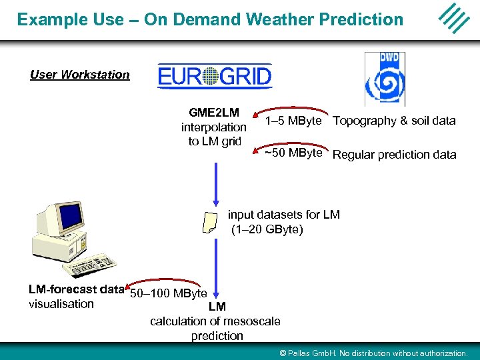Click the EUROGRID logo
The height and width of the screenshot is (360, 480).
point(215,76)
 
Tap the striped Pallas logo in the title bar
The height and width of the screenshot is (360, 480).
point(455,18)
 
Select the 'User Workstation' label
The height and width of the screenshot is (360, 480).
point(80,75)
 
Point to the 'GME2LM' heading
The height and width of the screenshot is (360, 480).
point(214,112)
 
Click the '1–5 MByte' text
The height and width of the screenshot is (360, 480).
point(293,121)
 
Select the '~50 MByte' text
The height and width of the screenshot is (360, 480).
point(293,153)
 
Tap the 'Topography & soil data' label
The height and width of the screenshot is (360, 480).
point(394,121)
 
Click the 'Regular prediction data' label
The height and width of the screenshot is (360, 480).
point(394,155)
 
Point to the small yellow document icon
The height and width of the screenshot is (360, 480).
point(209,223)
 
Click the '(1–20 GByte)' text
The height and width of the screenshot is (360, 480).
point(267,229)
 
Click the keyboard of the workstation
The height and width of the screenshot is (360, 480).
point(94,262)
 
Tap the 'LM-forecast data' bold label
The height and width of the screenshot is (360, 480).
point(76,289)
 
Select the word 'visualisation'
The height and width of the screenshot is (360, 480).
point(61,304)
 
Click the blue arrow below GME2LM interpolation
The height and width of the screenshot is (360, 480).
point(215,180)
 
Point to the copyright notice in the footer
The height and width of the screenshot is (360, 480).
point(373,353)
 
